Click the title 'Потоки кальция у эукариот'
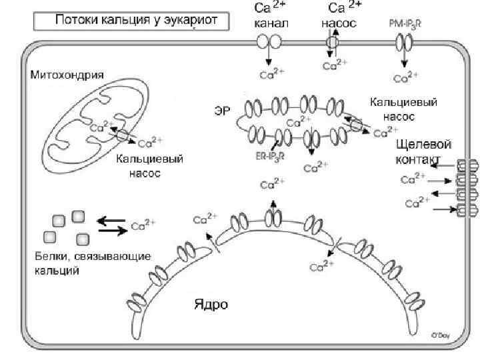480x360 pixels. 132,20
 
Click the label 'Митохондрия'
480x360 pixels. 67,75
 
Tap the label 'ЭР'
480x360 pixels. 223,111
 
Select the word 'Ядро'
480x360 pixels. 211,305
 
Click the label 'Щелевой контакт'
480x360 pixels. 423,151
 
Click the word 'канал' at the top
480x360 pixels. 271,23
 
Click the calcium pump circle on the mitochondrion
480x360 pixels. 123,135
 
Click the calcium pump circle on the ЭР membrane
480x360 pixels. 357,125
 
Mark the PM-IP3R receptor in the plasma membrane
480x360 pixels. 403,43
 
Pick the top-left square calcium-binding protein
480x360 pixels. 59,219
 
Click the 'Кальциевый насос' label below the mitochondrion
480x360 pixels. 150,166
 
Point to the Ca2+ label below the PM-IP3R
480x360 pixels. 405,78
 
